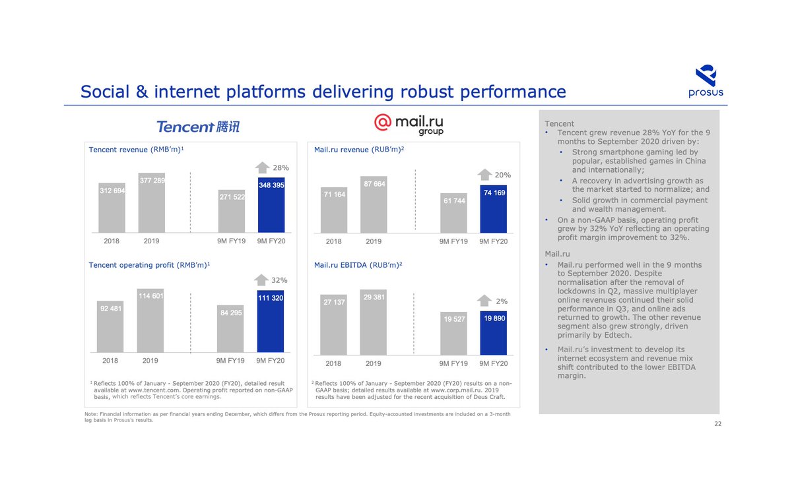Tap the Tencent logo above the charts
(198, 126)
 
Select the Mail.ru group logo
(409, 123)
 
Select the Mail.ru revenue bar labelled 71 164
(334, 210)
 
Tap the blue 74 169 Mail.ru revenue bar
(493, 209)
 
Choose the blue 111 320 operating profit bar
(271, 321)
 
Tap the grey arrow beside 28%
(262, 167)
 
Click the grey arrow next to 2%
(485, 301)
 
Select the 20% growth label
(503, 175)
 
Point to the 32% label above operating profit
(279, 280)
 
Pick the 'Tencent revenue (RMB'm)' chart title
(136, 150)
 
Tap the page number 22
(717, 423)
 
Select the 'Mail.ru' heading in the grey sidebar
(557, 253)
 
